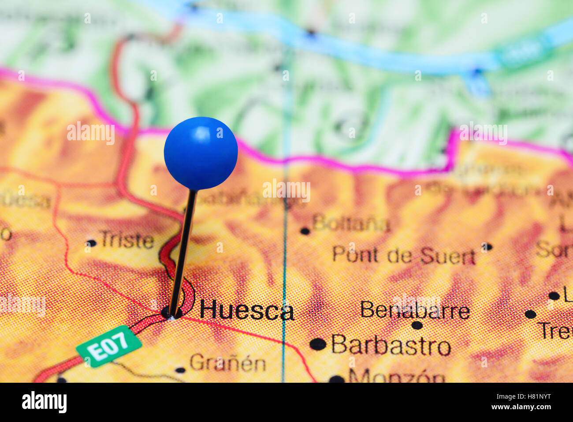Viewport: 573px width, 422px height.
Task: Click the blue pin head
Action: (201, 153)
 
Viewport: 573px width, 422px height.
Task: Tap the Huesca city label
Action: (246, 311)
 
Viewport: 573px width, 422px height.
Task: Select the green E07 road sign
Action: (109, 346)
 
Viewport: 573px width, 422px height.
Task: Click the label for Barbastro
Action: (391, 345)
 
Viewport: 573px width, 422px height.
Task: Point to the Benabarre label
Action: (415, 310)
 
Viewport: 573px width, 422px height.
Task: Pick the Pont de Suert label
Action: (404, 255)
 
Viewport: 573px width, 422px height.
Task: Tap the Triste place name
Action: (127, 240)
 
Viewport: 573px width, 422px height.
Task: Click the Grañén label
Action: (228, 364)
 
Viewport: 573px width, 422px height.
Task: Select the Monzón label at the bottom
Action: (397, 377)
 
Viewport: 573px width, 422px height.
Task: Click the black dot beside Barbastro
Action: (317, 344)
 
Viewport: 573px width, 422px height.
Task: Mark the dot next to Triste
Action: (91, 243)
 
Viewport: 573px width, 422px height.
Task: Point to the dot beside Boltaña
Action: (305, 231)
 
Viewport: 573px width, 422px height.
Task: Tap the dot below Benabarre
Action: (417, 325)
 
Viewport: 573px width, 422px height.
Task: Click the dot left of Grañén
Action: (180, 370)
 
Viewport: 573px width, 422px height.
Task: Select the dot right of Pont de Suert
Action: (486, 247)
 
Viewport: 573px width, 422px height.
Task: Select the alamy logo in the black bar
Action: (44, 402)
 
